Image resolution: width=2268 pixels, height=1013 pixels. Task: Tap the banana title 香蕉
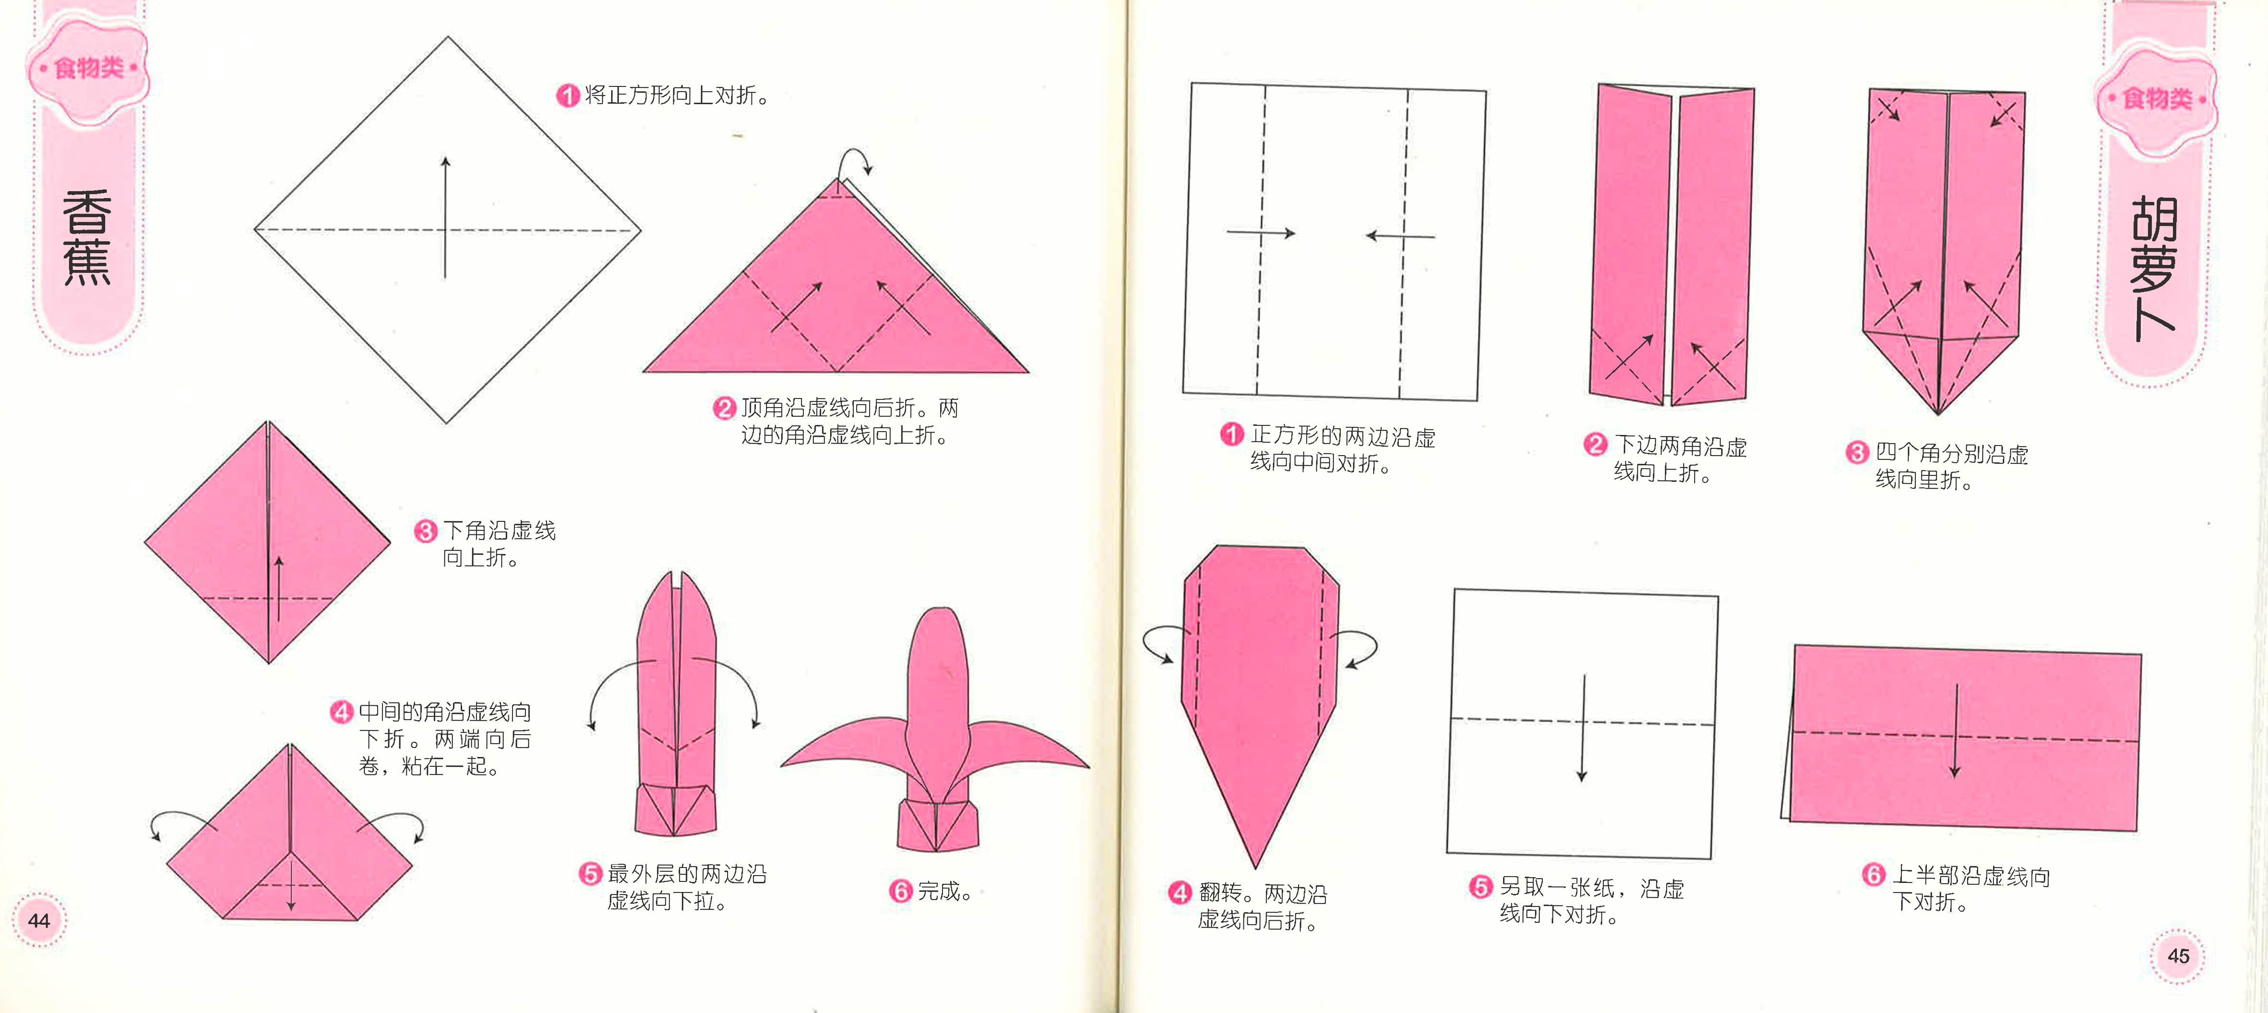(86, 238)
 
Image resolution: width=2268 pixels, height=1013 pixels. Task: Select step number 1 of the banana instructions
(568, 95)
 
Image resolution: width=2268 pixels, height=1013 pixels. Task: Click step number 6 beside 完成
(900, 892)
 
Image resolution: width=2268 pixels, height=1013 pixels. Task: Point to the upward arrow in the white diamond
(445, 217)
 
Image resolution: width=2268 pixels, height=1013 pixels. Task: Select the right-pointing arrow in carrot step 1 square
(1261, 233)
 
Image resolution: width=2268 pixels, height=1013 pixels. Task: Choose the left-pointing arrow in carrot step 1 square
(1400, 235)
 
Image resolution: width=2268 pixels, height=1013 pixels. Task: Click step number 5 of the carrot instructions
(1481, 887)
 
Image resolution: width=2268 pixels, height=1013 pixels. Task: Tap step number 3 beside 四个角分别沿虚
(1857, 453)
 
